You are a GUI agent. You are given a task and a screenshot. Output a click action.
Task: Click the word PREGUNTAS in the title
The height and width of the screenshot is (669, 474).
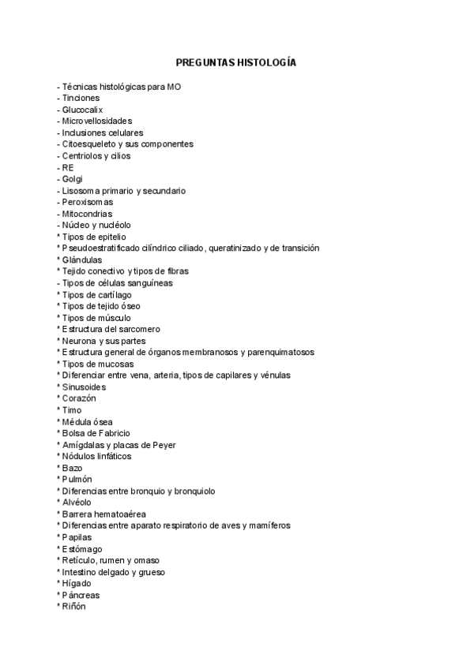click(x=206, y=62)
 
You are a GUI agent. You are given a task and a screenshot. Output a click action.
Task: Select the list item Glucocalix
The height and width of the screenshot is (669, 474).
click(x=82, y=110)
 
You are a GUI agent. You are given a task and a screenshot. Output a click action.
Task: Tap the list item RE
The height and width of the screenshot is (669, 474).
click(x=68, y=167)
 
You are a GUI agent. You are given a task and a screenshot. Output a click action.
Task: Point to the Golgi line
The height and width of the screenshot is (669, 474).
click(x=72, y=179)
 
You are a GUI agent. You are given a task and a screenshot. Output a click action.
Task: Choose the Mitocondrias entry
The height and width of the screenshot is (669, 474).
click(x=87, y=214)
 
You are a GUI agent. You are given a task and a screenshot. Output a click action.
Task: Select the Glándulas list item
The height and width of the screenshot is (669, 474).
click(x=82, y=260)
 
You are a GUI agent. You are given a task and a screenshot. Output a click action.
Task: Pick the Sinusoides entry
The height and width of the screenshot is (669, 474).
click(x=84, y=387)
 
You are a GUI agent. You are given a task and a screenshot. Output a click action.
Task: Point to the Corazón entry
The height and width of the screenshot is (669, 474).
click(x=79, y=398)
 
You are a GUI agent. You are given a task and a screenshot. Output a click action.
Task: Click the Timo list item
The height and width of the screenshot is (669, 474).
click(x=72, y=410)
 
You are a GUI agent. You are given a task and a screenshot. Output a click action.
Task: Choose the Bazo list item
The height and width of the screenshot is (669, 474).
click(x=72, y=468)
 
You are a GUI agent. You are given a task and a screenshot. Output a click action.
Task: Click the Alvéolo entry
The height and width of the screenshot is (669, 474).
click(x=77, y=503)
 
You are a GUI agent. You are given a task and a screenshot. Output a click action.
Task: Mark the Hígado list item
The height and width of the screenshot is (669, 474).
click(x=77, y=583)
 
